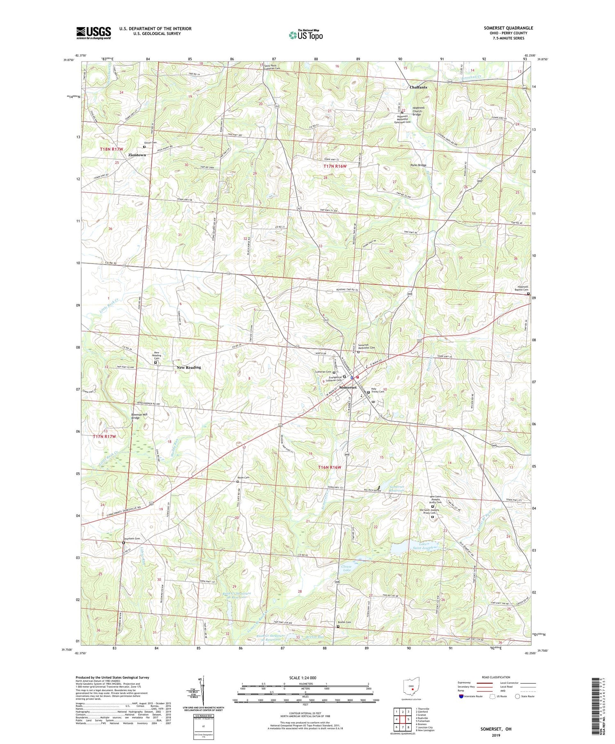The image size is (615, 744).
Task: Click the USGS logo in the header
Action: (93, 33)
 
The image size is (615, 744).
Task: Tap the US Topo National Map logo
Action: (305, 35)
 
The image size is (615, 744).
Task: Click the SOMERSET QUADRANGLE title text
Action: (508, 28)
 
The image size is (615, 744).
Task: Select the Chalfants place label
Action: (418, 87)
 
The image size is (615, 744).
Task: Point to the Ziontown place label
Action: (137, 155)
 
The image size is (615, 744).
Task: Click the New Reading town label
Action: (189, 367)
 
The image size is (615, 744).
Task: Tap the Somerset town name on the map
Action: (348, 387)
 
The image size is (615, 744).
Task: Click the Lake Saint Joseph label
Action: (422, 546)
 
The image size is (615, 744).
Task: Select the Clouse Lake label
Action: (346, 568)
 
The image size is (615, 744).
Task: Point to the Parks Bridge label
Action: (418, 165)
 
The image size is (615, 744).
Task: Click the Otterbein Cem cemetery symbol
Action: (123, 543)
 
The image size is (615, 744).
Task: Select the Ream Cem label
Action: (244, 477)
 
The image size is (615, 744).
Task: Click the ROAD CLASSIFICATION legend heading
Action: (496, 677)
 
